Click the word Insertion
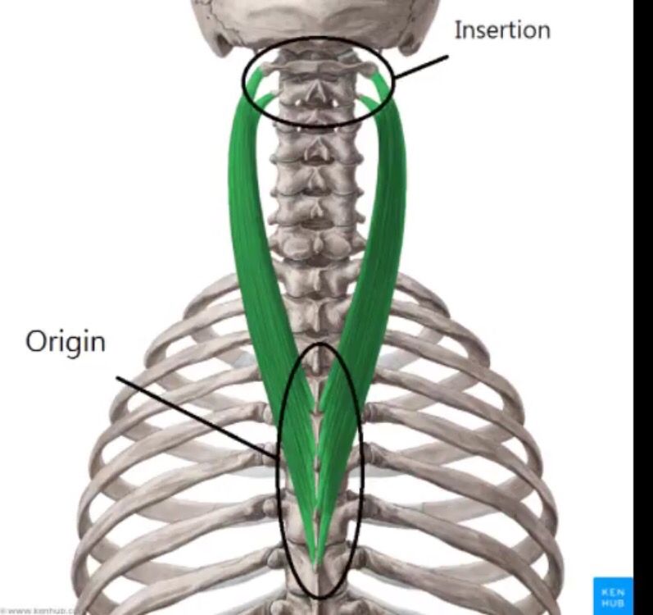pyautogui.click(x=501, y=30)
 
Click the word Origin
pyautogui.click(x=66, y=340)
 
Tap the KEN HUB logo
pyautogui.click(x=612, y=595)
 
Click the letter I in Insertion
pyautogui.click(x=458, y=30)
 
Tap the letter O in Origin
pyautogui.click(x=35, y=340)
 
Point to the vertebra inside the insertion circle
pyautogui.click(x=315, y=82)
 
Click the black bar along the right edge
pyautogui.click(x=643, y=307)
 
